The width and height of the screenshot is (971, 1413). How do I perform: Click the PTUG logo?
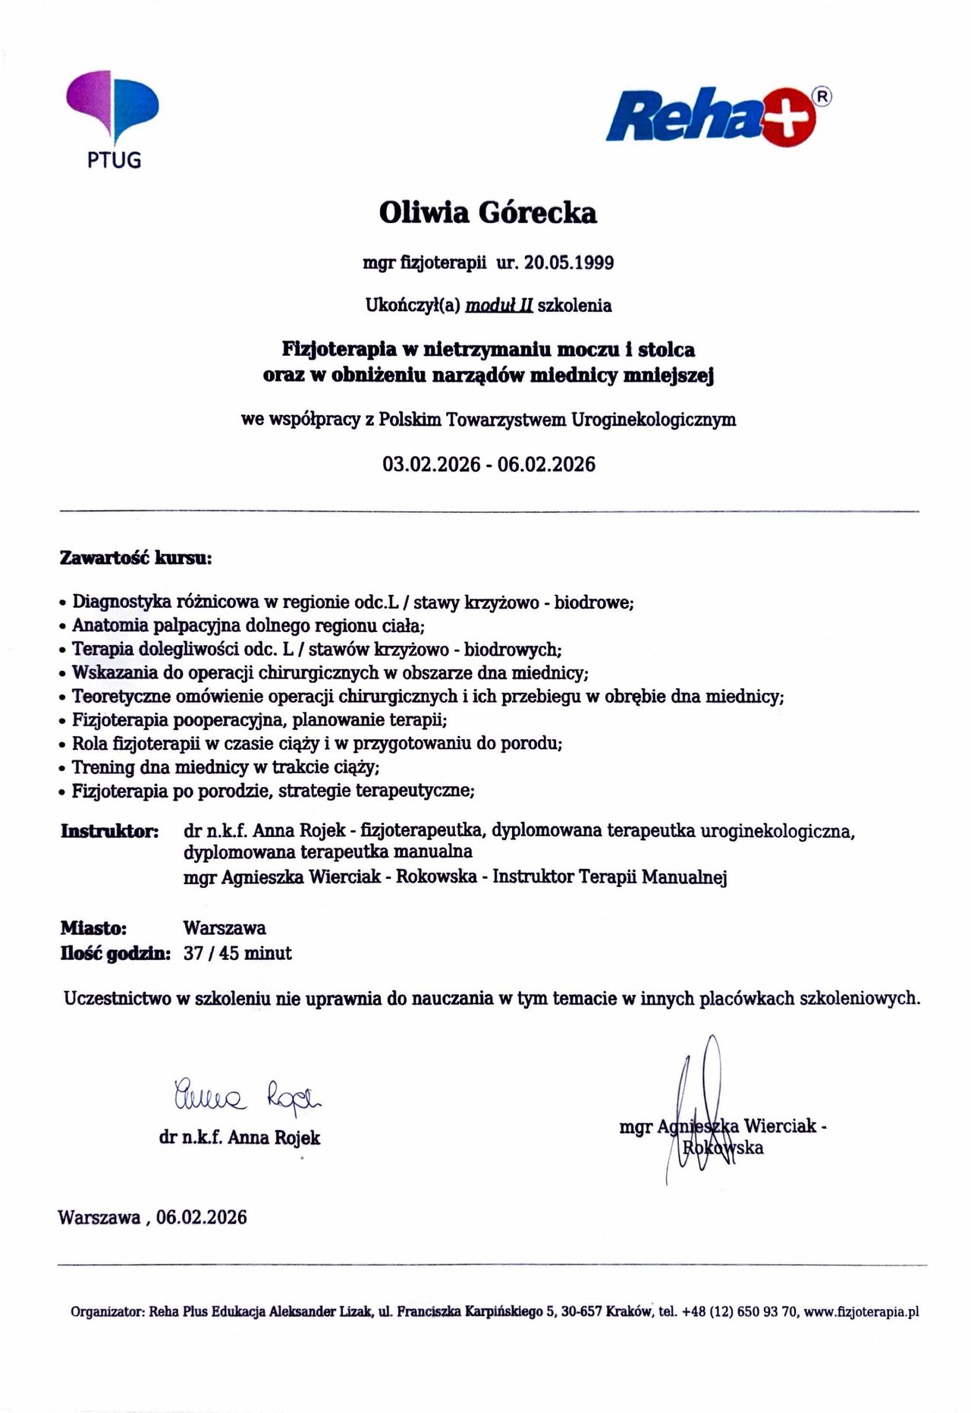tap(113, 118)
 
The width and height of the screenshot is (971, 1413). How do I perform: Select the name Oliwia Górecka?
tap(488, 212)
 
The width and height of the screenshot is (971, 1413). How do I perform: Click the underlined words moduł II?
tap(498, 306)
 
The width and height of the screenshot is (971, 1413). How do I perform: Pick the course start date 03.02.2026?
tap(431, 464)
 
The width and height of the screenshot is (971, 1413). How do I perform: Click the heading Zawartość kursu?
tap(136, 559)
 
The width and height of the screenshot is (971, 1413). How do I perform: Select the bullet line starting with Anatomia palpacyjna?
tap(248, 626)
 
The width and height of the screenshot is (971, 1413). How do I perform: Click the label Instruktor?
tap(109, 831)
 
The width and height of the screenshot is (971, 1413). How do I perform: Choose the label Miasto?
tap(93, 928)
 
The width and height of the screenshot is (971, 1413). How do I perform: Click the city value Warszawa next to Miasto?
tap(225, 928)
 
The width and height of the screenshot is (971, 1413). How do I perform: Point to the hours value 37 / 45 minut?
tap(237, 953)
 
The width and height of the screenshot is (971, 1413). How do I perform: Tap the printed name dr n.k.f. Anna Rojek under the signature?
tap(240, 1138)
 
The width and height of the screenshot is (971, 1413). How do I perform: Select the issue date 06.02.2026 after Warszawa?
tap(202, 1217)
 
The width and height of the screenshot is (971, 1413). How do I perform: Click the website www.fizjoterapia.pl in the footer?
tap(861, 1311)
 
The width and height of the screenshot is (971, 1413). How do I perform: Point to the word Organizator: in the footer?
tap(107, 1311)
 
